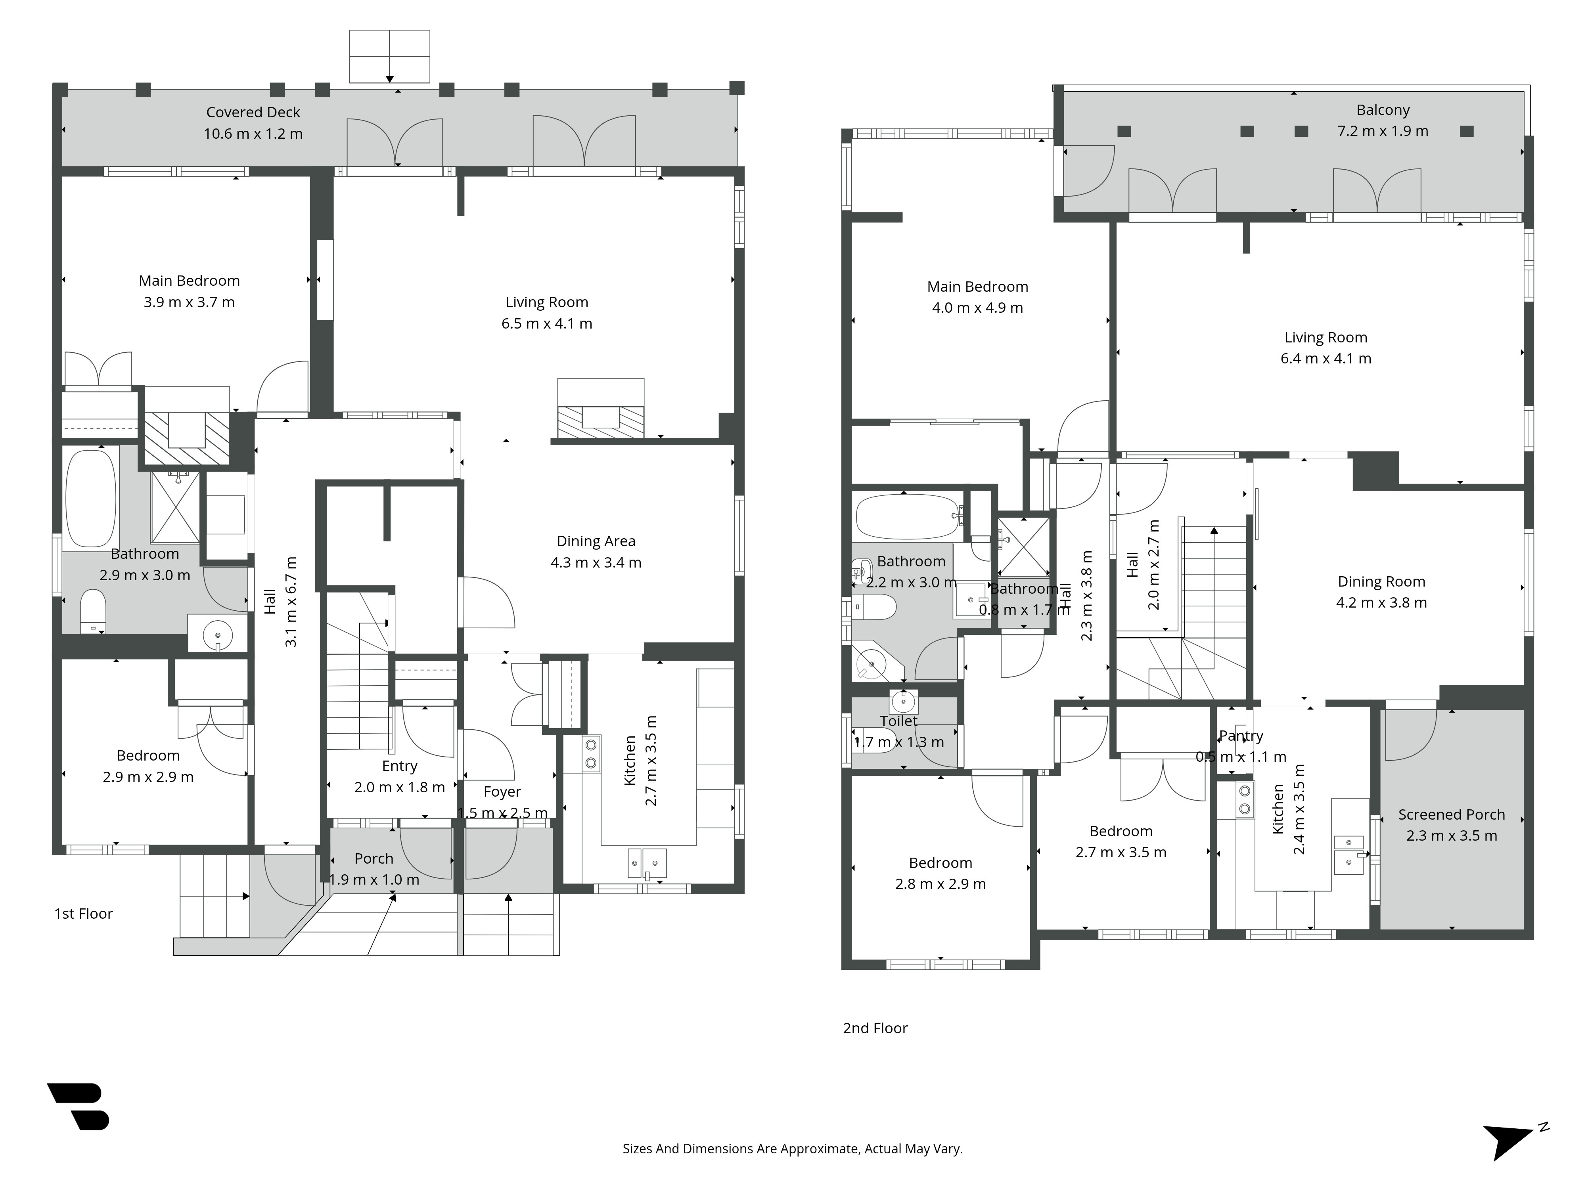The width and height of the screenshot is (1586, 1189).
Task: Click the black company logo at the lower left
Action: [79, 1106]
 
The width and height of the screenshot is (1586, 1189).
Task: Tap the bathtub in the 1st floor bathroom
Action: [91, 498]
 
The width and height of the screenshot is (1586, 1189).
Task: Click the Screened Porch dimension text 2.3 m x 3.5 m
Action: [1451, 835]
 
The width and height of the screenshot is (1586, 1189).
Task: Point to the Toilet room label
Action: [898, 721]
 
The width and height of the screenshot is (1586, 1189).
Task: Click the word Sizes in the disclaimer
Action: [638, 1149]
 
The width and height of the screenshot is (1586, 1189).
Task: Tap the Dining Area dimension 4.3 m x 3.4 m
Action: [596, 563]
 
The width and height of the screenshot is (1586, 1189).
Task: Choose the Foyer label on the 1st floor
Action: [502, 792]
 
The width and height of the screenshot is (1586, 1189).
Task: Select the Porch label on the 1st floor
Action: [374, 858]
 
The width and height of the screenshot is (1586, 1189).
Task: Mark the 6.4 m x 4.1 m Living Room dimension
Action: [1326, 358]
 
